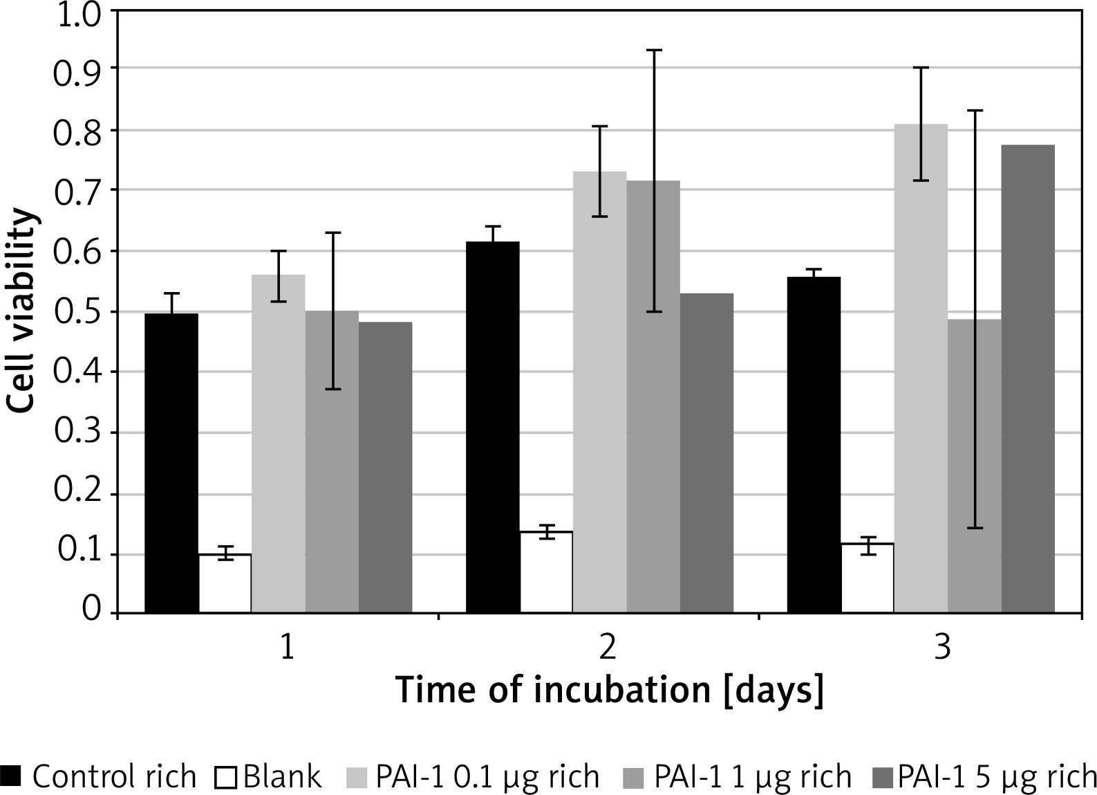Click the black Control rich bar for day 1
pyautogui.click(x=171, y=463)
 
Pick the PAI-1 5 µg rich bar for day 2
pyautogui.click(x=706, y=453)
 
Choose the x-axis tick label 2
pyautogui.click(x=608, y=648)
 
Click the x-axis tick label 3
pyautogui.click(x=942, y=648)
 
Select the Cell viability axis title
pyautogui.click(x=22, y=311)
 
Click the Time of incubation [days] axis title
pyautogui.click(x=609, y=691)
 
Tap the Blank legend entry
pyautogui.click(x=272, y=776)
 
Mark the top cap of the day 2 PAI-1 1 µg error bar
pyautogui.click(x=653, y=51)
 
